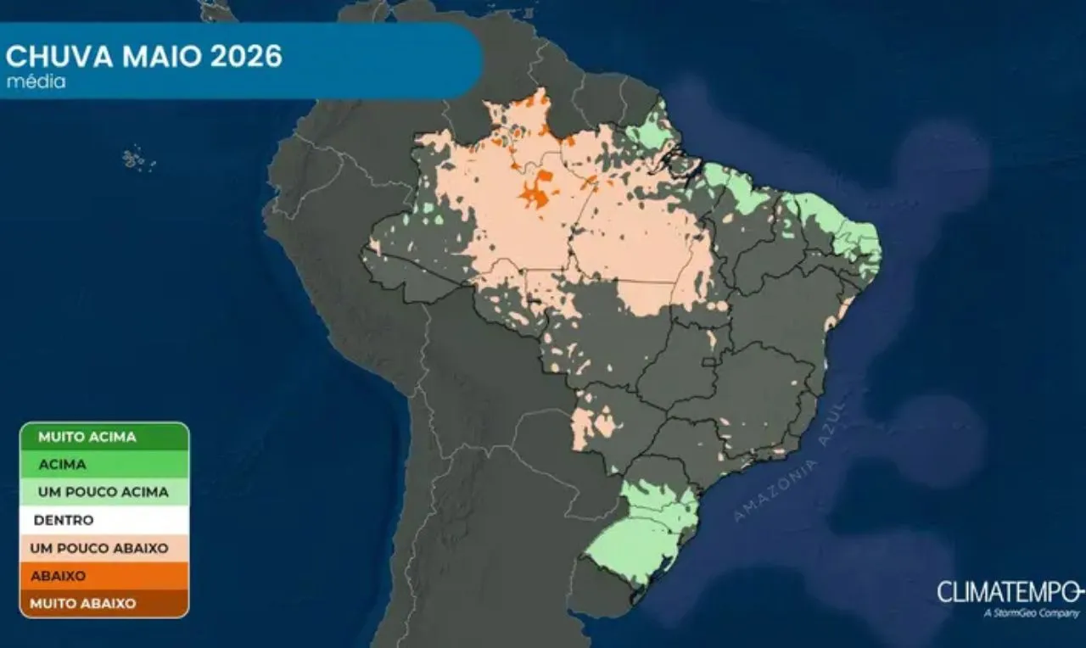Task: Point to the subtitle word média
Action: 36,82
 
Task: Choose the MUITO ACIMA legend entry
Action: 87,437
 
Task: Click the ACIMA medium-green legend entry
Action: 62,465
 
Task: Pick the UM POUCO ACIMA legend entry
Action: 103,492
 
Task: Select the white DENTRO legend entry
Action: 63,520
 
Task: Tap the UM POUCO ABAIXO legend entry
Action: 99,548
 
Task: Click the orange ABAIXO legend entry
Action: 59,576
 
